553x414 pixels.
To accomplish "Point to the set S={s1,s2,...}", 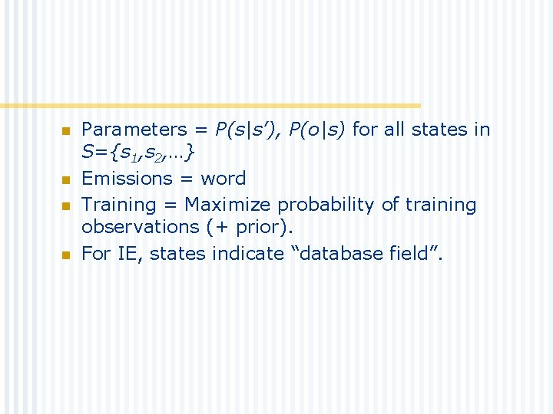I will pos(138,153).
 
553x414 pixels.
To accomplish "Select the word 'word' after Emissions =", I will pos(224,179).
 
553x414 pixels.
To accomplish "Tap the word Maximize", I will pos(228,205).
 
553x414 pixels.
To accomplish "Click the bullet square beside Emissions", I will pos(65,180).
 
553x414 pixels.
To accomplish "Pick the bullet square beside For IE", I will pos(65,255).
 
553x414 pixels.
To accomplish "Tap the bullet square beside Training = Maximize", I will pos(65,206).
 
